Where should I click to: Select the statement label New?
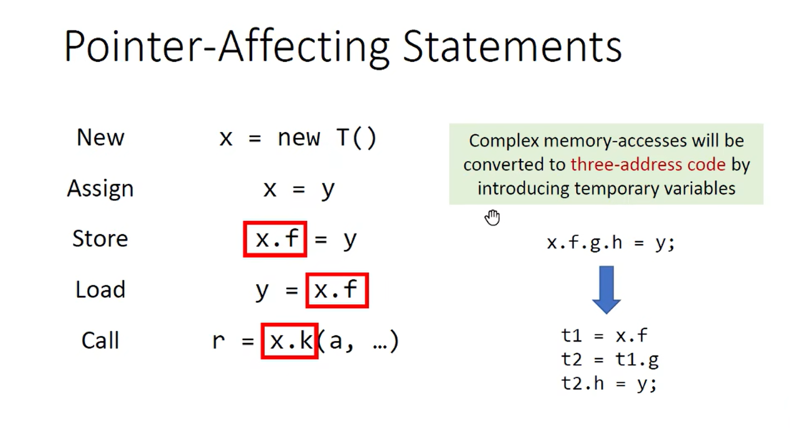100,137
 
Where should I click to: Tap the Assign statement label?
100,188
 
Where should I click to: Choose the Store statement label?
100,239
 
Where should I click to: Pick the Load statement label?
100,289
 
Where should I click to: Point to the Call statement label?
100,340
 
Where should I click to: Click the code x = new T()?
298,138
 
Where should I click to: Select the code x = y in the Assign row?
299,189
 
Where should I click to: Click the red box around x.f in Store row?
275,239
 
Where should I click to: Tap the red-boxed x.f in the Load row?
337,290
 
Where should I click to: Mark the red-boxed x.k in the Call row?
290,341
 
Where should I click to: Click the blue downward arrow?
606,289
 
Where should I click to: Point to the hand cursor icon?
492,217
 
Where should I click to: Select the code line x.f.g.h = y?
611,243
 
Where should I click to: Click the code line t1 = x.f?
604,335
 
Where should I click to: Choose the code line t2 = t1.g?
610,359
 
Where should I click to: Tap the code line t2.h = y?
609,383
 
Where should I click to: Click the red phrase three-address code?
648,164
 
